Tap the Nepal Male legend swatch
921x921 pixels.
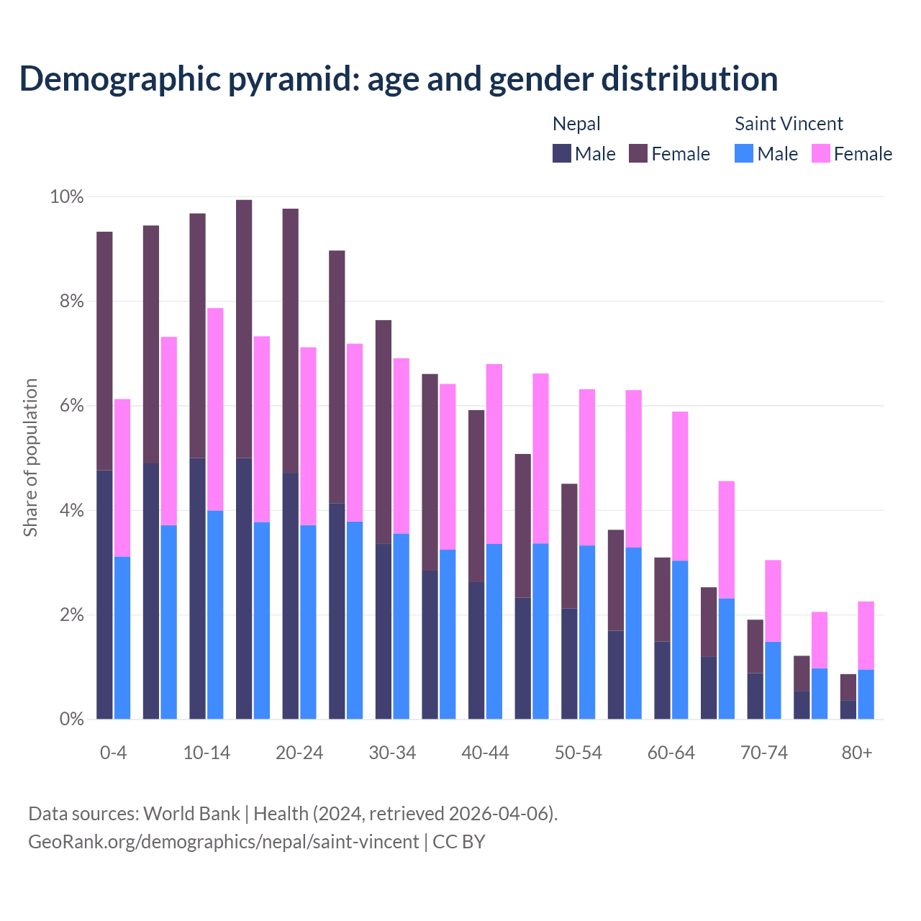point(562,153)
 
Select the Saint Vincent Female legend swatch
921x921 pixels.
point(821,153)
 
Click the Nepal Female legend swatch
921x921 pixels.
point(638,153)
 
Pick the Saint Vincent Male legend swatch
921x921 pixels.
point(744,153)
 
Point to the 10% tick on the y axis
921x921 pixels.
point(66,196)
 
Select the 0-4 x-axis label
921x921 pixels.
point(114,753)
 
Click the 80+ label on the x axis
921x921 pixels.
point(857,753)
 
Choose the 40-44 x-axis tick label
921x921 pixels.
point(485,753)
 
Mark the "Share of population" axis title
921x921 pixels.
point(30,458)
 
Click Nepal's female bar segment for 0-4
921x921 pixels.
point(104,350)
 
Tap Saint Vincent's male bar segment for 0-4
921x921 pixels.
point(122,638)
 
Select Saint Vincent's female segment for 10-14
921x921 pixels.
point(215,409)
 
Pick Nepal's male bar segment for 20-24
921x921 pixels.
point(291,596)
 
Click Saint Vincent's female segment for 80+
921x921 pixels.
point(866,635)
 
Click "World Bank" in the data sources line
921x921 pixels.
point(191,814)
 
